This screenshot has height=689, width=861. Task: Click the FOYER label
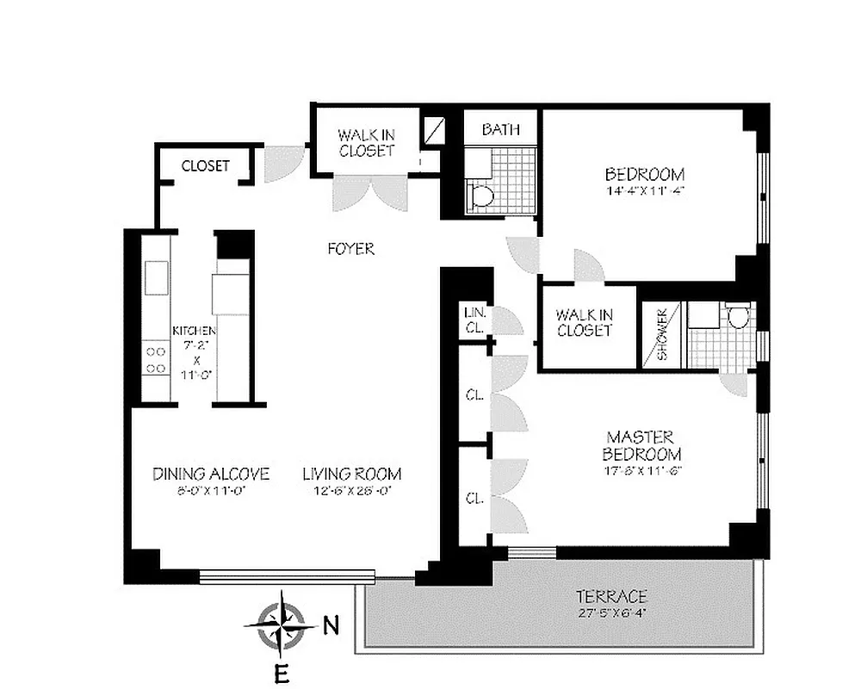[351, 249]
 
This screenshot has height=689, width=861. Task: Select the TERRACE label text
[611, 597]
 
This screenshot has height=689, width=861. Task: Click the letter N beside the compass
[330, 626]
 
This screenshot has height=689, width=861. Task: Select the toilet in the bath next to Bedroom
[482, 196]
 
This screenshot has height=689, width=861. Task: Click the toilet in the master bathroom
[738, 320]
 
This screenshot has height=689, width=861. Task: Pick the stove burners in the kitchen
[156, 360]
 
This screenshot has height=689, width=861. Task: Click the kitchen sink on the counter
[157, 277]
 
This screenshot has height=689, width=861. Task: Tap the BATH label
[500, 130]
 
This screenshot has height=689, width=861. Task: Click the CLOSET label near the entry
[205, 165]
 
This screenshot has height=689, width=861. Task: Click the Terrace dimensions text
[611, 614]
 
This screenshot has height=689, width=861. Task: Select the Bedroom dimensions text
[644, 190]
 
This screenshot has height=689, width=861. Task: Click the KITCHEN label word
[194, 331]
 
